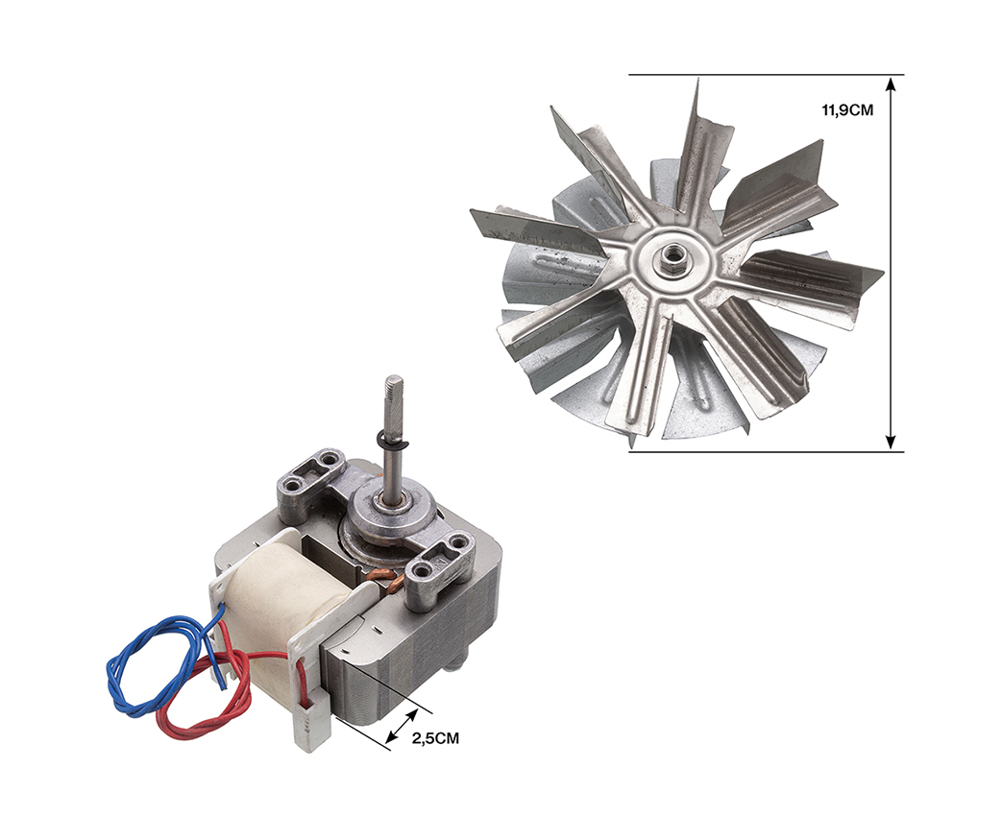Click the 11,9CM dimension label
tap(847, 109)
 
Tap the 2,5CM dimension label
tap(435, 739)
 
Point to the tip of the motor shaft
tap(394, 378)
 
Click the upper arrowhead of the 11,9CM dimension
tap(892, 83)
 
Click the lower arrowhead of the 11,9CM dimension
tap(892, 444)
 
